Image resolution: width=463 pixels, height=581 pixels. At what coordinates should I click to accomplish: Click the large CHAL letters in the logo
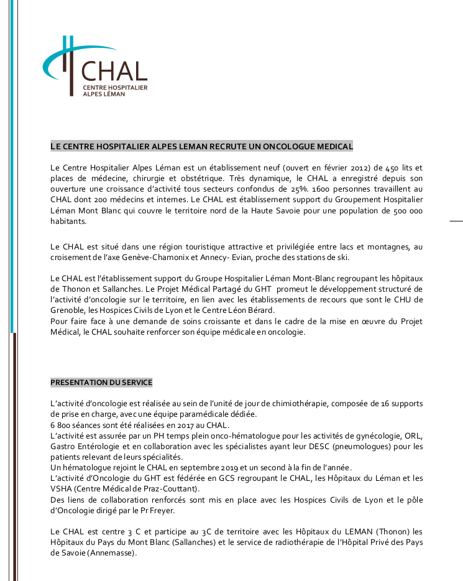click(115, 71)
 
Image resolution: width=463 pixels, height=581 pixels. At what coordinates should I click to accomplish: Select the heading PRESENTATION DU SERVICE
click(101, 382)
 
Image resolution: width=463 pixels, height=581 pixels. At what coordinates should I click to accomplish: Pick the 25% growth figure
click(298, 188)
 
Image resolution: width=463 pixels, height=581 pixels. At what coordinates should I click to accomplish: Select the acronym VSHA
click(62, 489)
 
